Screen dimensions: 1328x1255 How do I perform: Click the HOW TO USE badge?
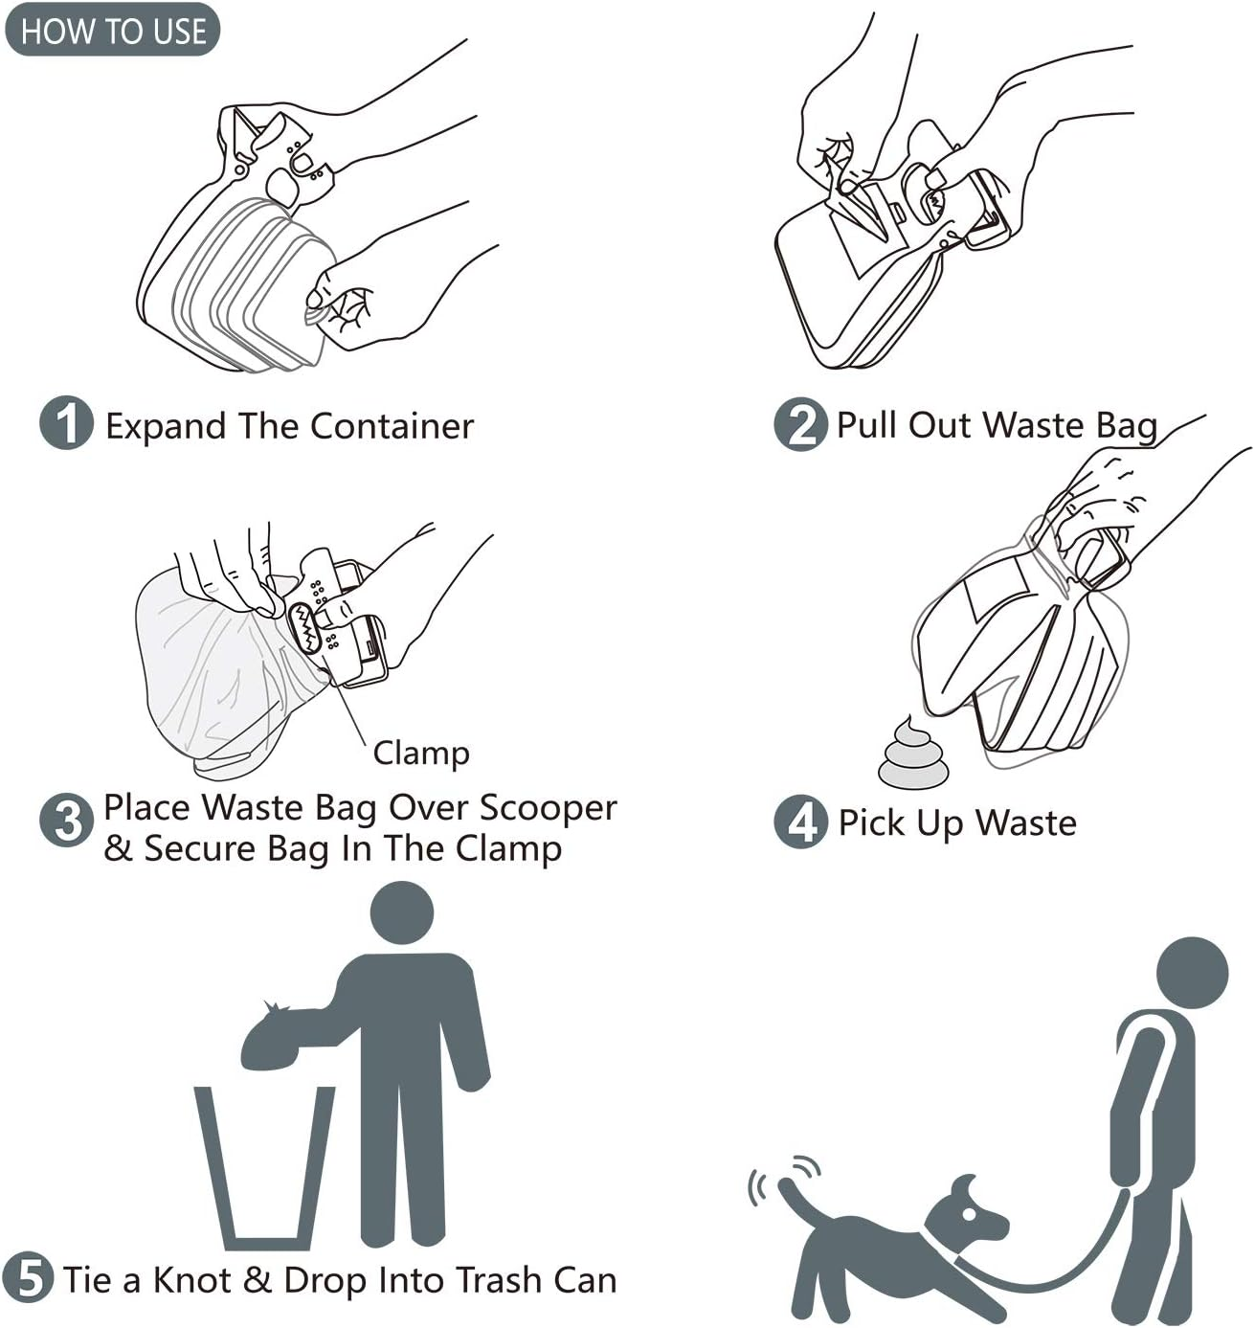[x=112, y=30]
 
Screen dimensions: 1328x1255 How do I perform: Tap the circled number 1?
[x=66, y=423]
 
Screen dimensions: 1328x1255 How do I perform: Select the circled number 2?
[x=800, y=424]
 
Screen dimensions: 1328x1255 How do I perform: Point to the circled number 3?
[x=66, y=821]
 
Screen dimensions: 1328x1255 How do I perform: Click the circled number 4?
[x=800, y=822]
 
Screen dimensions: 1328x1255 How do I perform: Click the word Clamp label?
[x=421, y=753]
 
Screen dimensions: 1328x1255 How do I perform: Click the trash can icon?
[x=265, y=1168]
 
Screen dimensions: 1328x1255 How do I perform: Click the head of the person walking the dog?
[x=1191, y=974]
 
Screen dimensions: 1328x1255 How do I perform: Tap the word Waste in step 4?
[x=1025, y=822]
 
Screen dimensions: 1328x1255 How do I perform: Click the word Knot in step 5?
[x=191, y=1280]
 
